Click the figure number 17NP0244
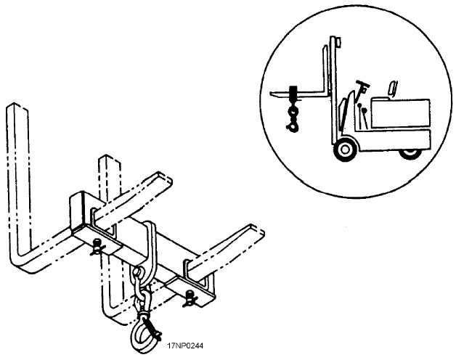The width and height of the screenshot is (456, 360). pos(185,345)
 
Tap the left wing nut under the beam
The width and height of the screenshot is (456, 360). pos(98,247)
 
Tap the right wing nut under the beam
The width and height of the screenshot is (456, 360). pos(190,298)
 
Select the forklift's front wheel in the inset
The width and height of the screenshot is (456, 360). pos(346,150)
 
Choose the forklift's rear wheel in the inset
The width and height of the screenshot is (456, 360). pos(411,154)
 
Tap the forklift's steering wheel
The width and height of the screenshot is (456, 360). pos(362,83)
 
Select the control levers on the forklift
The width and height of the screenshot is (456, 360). pos(362,115)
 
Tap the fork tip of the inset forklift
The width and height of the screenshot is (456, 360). pos(272,93)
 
